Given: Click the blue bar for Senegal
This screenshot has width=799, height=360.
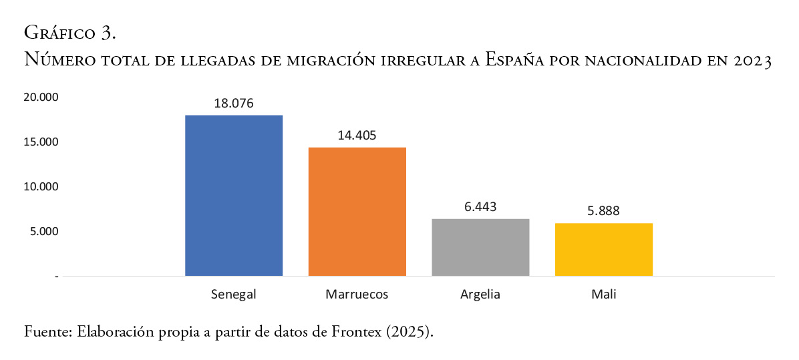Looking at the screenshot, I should (x=234, y=195).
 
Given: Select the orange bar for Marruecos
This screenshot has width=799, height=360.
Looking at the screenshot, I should (x=357, y=211).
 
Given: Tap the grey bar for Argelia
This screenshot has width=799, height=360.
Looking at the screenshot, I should (x=480, y=247).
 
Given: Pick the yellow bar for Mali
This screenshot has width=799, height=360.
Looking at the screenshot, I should (x=603, y=249).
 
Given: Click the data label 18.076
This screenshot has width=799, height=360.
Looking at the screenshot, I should (x=234, y=104).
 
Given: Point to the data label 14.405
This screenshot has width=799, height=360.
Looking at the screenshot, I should (x=357, y=136).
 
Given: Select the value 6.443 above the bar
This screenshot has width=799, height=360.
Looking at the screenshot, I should (x=480, y=207).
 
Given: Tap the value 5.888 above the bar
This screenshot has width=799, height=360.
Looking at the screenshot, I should (x=603, y=211).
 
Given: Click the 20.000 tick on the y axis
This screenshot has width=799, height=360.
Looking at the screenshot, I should (x=41, y=97).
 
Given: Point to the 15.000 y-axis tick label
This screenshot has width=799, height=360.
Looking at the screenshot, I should (x=41, y=142).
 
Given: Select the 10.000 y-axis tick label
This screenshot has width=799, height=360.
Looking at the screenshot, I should (x=41, y=186).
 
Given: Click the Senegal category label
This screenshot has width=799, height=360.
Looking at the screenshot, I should (x=234, y=294).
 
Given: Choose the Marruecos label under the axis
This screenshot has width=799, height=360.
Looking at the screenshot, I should (x=357, y=294).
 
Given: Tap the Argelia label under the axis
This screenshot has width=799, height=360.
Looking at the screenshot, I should (x=480, y=294).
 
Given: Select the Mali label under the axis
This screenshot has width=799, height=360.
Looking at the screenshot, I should (x=603, y=294).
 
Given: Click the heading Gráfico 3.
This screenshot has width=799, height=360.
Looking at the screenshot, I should (x=71, y=31).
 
